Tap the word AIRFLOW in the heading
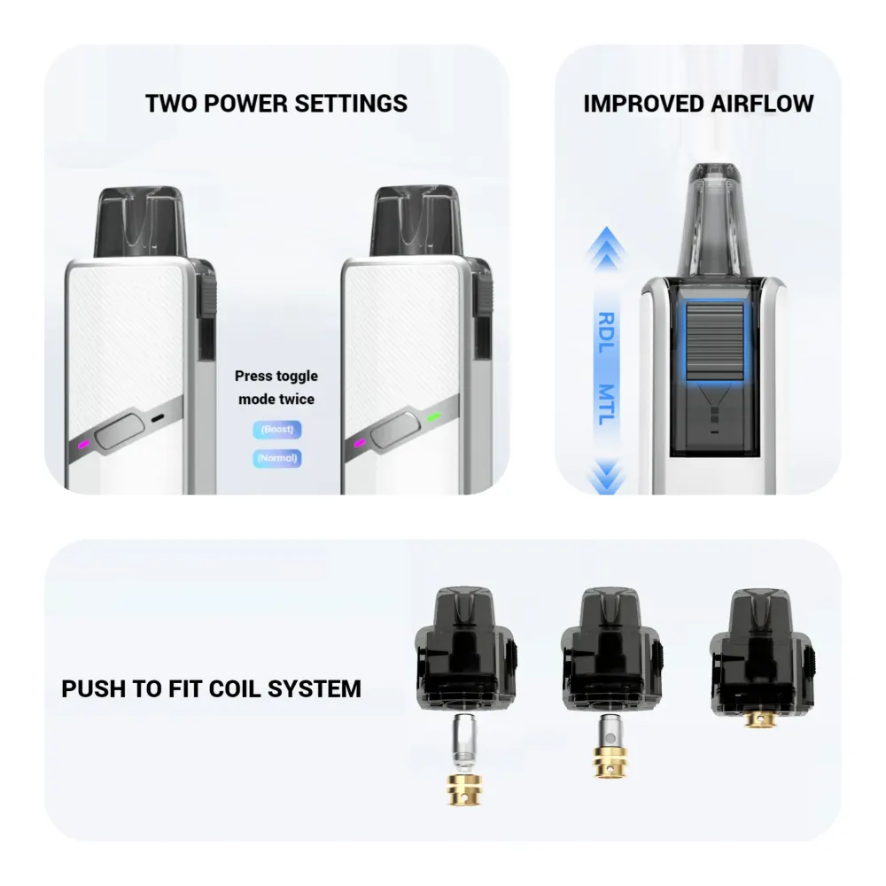click(762, 103)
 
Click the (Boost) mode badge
click(276, 430)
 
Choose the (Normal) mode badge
click(276, 458)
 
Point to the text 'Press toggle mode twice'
click(276, 388)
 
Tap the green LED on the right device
click(433, 416)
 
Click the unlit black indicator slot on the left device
click(159, 417)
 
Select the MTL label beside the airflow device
click(606, 405)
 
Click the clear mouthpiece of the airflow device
click(713, 217)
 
